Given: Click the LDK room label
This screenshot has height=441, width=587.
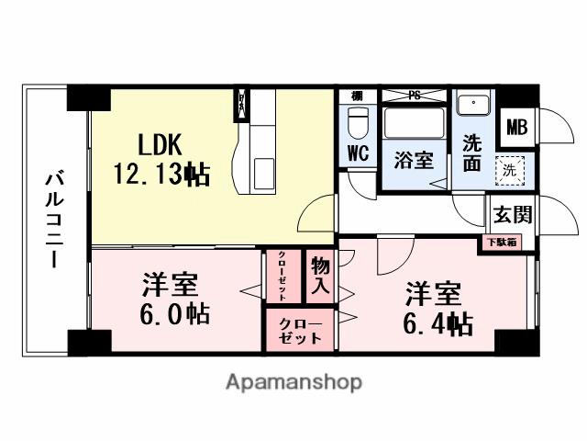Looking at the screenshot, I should coord(161,144).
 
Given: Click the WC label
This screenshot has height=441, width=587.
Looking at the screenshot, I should coord(358,154).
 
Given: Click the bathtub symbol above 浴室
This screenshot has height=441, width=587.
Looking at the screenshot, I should coord(415,123).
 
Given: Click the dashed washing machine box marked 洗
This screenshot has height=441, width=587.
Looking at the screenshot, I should coord(506,169).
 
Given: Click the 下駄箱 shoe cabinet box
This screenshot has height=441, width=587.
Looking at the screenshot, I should coord(501,243).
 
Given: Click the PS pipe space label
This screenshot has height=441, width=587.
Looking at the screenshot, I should coord(414,95).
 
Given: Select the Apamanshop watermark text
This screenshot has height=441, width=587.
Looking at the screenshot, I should coord(293,381).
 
